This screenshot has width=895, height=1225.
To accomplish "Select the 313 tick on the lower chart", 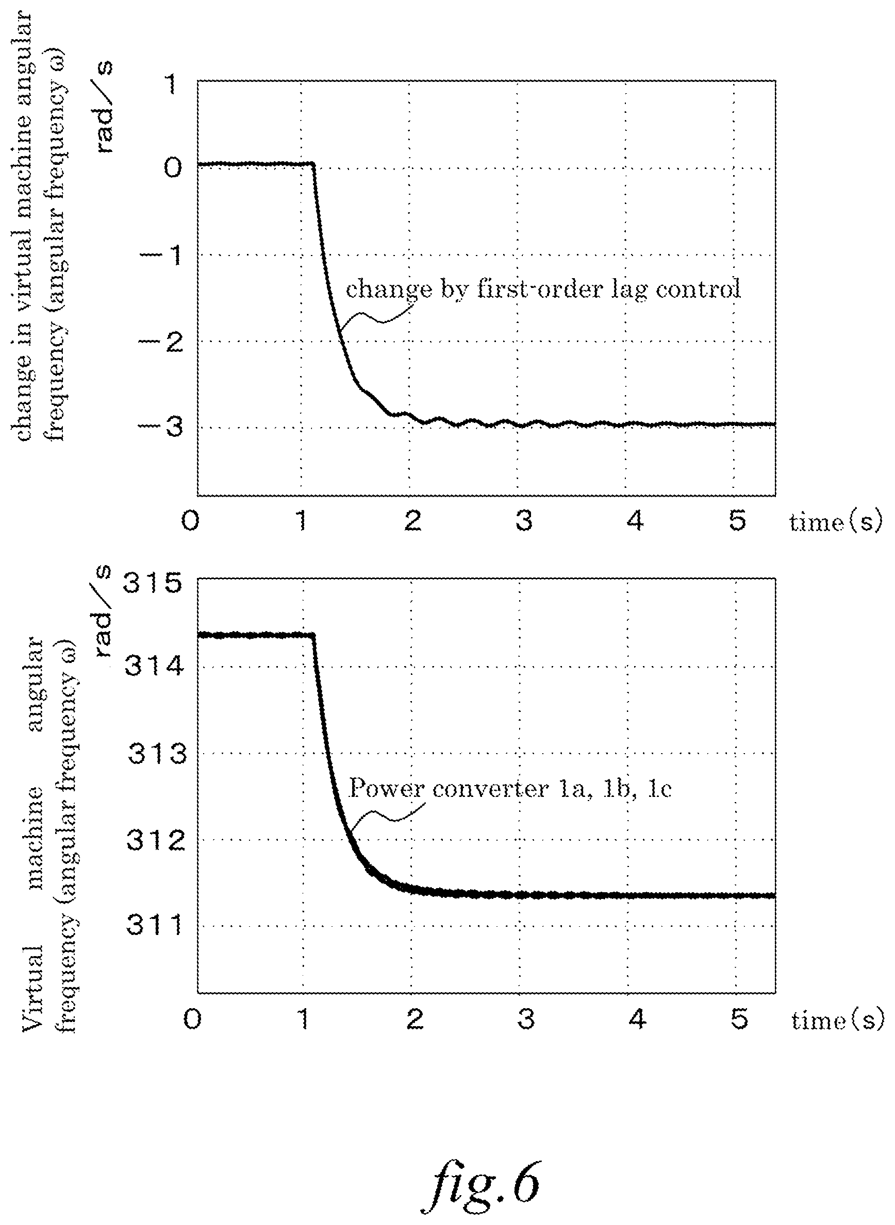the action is (x=157, y=753).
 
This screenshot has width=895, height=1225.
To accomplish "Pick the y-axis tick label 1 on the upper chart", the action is (x=171, y=84).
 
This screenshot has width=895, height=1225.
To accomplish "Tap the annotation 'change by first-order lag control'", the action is (x=543, y=290).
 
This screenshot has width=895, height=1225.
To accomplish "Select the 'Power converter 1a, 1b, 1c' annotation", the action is (x=510, y=788).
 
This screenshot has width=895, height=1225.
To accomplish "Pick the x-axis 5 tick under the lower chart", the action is (x=739, y=1019).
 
